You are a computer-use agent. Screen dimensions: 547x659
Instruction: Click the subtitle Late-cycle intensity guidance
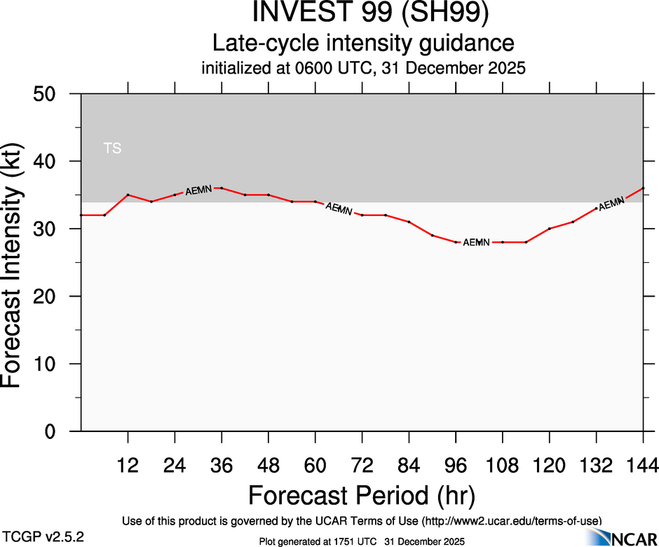point(363,43)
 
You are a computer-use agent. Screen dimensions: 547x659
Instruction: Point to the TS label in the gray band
point(112,148)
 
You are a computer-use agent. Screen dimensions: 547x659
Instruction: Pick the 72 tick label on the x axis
point(362,465)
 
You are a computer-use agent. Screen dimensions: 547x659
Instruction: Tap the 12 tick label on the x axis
point(128,465)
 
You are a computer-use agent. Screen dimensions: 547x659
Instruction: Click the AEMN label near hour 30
point(198,189)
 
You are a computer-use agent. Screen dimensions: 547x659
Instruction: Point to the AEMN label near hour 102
point(477,242)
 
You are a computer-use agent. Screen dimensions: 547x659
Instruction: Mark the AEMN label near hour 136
point(611,203)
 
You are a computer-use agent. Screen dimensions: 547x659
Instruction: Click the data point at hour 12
point(128,194)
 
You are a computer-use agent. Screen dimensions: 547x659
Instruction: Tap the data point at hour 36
point(222,188)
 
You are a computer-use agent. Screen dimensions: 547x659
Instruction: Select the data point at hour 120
point(550,229)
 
